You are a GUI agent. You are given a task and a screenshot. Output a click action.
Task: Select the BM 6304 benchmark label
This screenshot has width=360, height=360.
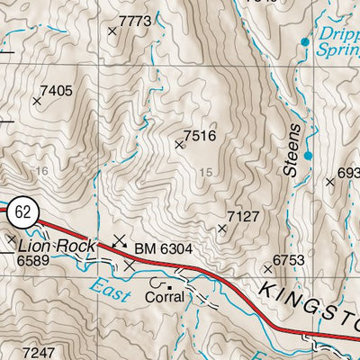tap(163, 246)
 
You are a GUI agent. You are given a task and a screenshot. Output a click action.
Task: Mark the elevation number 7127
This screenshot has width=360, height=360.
tap(243, 216)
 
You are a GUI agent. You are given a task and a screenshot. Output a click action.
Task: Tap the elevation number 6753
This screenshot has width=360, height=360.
tap(291, 260)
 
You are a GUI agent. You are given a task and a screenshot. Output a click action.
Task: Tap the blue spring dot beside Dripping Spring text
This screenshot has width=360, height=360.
tap(304, 42)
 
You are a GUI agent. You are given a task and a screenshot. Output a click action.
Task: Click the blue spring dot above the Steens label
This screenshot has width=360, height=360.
tap(308, 156)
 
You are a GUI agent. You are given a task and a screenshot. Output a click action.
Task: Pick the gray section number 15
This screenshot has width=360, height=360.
tap(208, 173)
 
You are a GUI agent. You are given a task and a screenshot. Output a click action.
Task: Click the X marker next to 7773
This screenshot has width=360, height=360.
tap(112, 31)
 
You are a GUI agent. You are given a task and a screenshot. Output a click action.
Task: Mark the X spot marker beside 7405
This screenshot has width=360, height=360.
tap(37, 102)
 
